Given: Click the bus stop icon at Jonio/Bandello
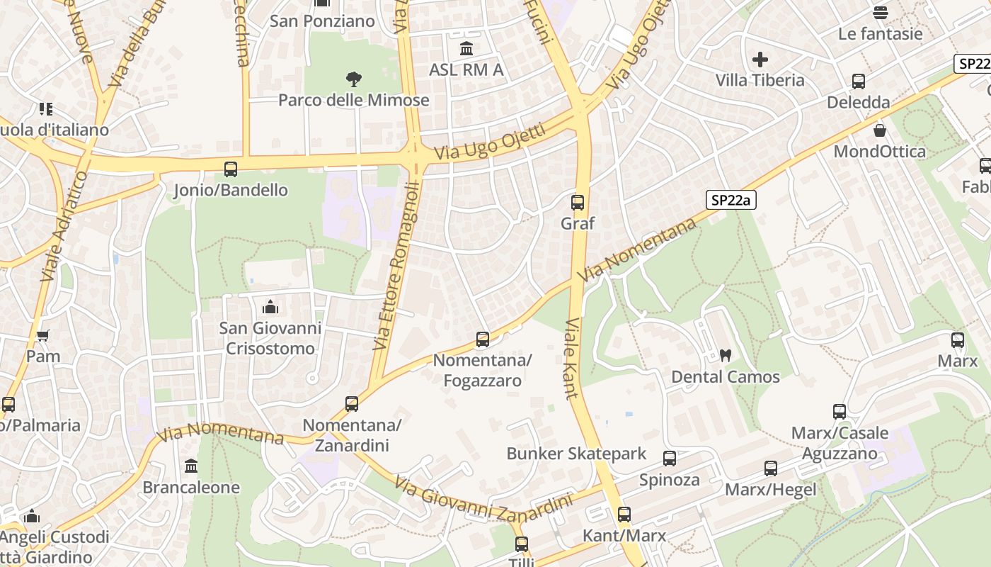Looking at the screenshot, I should coord(231,169).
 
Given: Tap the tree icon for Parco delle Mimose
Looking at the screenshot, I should coord(354,79).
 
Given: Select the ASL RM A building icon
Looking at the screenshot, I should coord(466,49).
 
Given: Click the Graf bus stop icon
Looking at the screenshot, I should coord(578,203).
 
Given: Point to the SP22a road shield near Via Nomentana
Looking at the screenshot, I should coord(731,201).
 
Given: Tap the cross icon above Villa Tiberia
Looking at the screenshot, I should coord(760,60).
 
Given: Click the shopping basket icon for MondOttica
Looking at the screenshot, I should coord(880,130).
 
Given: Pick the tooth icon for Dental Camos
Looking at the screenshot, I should coord(725,356).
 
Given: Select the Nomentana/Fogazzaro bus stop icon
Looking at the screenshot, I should coord(483,339).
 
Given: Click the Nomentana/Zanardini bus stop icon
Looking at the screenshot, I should coord(352,404).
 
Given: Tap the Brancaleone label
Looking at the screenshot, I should coord(191,488).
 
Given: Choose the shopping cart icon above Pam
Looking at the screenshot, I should coord(43,335).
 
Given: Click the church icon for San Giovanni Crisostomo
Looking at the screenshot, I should coord(270,307).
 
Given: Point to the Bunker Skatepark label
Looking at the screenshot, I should coord(576,454).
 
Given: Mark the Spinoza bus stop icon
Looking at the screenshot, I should coord(670,459).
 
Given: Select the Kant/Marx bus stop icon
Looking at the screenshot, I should coord(624,515).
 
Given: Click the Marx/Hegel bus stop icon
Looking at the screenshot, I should coord(771,468).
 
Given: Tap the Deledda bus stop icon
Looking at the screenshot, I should coord(859,82).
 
